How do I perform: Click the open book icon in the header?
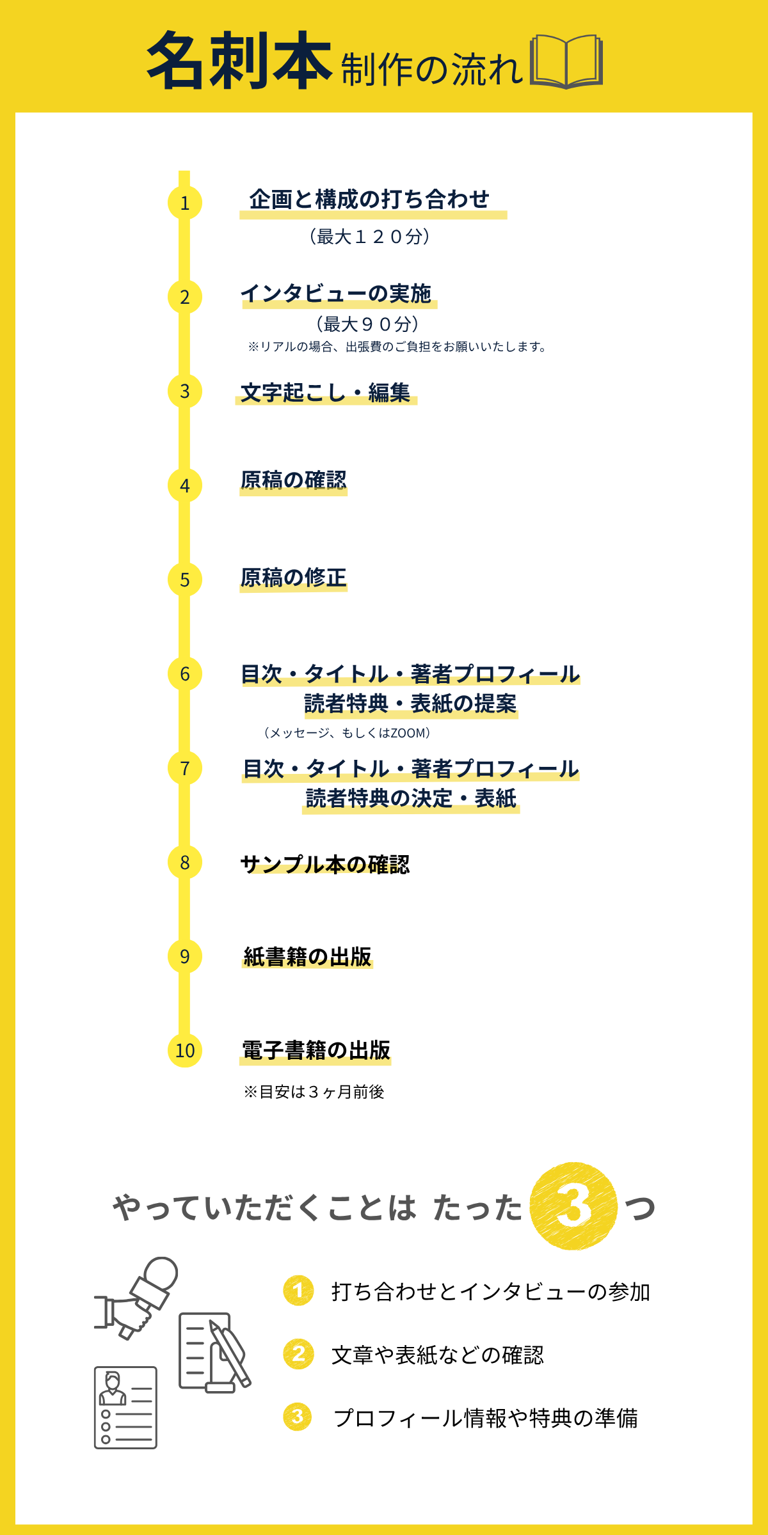point(566,61)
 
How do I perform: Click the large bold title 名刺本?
point(239,61)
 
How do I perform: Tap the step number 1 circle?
point(185,203)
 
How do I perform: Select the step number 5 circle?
point(185,579)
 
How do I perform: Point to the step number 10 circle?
point(185,1050)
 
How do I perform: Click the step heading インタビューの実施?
point(337,294)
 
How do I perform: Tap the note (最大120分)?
point(369,237)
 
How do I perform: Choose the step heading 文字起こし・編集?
point(325,392)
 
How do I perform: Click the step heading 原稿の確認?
point(294,480)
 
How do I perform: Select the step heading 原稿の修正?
point(294,578)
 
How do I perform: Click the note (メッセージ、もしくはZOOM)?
point(347,733)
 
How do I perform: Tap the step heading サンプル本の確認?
point(325,864)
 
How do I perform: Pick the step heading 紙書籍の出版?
point(307,957)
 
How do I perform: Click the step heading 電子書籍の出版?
point(316,1050)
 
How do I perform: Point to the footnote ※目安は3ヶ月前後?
point(314,1092)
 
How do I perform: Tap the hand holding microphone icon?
point(136,1298)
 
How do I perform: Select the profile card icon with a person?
point(125,1407)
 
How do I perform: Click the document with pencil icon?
point(214,1353)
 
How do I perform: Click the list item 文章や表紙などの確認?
point(438,1355)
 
